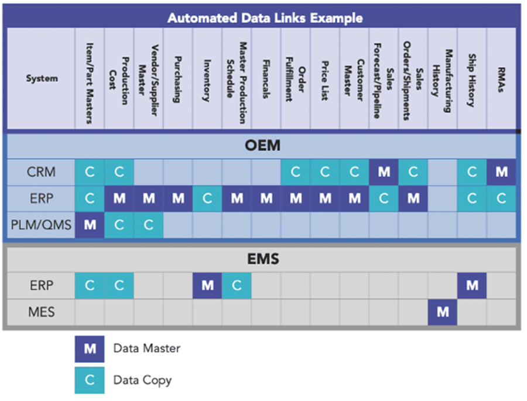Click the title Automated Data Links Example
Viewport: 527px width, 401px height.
pyautogui.click(x=265, y=18)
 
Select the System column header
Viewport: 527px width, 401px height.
pyautogui.click(x=42, y=78)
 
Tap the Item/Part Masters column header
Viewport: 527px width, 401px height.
pyautogui.click(x=90, y=78)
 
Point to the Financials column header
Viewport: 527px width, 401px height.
pyautogui.click(x=266, y=78)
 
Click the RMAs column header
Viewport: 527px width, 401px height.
pyautogui.click(x=501, y=78)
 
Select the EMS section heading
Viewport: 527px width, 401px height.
pyautogui.click(x=262, y=258)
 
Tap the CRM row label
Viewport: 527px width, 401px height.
pyautogui.click(x=41, y=172)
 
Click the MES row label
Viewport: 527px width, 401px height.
pyautogui.click(x=41, y=312)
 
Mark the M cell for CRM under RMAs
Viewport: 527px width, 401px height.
pyautogui.click(x=501, y=172)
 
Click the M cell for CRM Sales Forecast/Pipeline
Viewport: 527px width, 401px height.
pyautogui.click(x=384, y=172)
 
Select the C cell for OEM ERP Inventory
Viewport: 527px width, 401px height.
pyautogui.click(x=207, y=198)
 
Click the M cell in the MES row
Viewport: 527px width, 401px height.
pyautogui.click(x=442, y=312)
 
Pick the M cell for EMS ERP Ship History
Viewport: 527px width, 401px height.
pyautogui.click(x=472, y=286)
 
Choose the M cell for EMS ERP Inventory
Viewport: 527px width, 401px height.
pyautogui.click(x=207, y=286)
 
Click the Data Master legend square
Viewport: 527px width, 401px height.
pyautogui.click(x=90, y=349)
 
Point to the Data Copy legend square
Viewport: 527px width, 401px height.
pyautogui.click(x=90, y=380)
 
